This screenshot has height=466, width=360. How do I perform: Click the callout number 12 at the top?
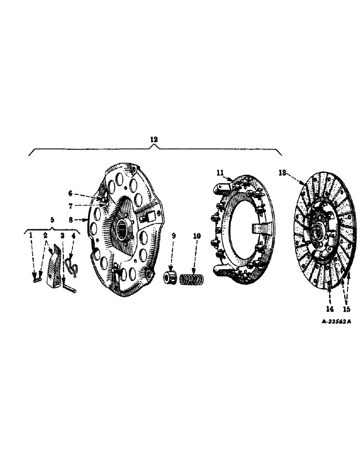point(154,139)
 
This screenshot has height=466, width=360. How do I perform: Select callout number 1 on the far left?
point(31,236)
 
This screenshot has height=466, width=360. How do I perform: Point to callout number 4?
point(73,236)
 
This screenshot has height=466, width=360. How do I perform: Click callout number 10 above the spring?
point(197,236)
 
